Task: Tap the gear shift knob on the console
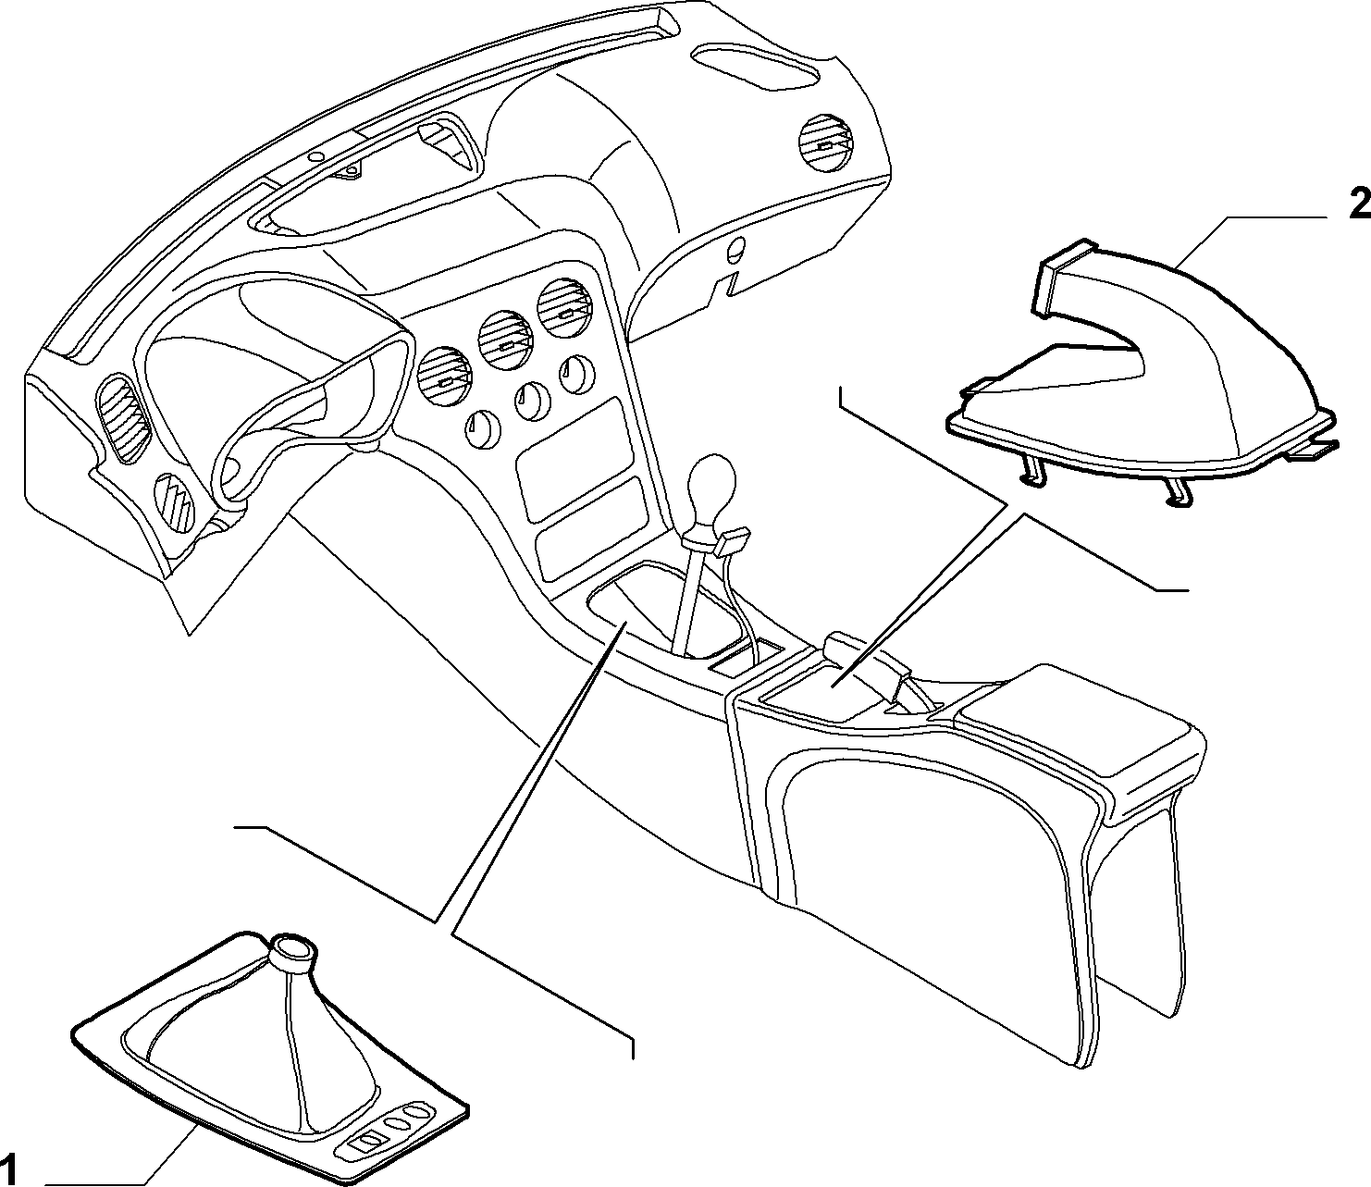coord(711,482)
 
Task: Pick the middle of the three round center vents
coord(503,341)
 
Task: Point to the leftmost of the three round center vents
coord(445,377)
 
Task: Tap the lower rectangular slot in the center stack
coord(592,528)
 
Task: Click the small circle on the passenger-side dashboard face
coord(735,250)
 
